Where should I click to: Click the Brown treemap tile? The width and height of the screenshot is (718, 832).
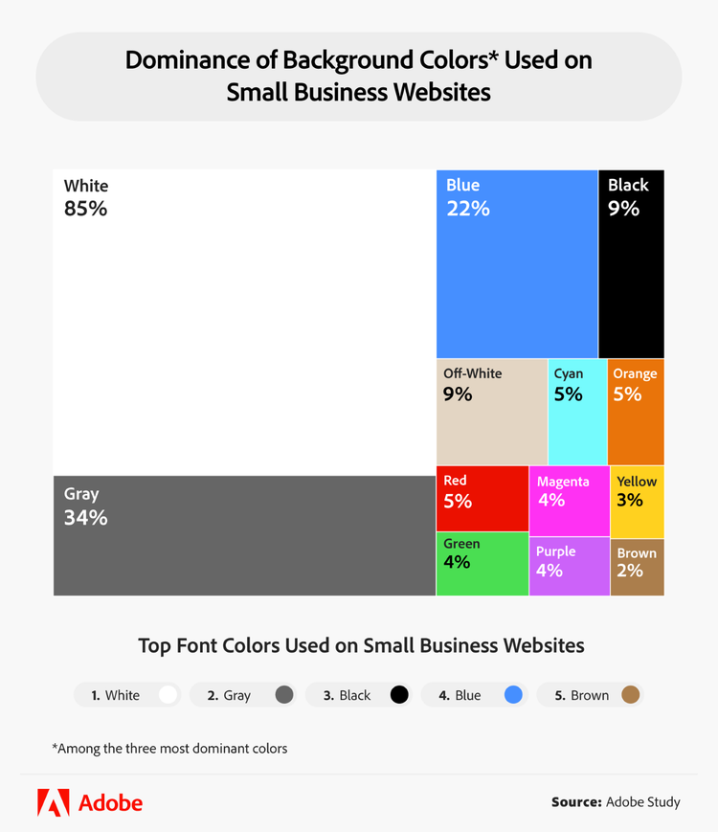click(x=637, y=567)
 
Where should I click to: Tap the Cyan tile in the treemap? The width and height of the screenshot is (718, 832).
click(x=577, y=412)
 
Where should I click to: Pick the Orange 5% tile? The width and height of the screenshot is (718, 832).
click(x=636, y=412)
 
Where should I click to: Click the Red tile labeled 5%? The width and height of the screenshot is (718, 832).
click(x=482, y=498)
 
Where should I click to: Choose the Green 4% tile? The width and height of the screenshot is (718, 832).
click(x=482, y=563)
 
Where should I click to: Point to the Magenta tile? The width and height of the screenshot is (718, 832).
click(x=569, y=501)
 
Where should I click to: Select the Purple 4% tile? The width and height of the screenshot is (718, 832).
click(x=569, y=566)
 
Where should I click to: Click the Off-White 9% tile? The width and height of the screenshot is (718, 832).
click(x=491, y=412)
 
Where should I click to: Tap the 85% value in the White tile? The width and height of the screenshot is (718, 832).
click(x=85, y=208)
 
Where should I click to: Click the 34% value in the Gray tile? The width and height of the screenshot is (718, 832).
click(x=85, y=518)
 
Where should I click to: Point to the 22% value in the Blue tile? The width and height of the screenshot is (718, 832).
click(x=468, y=208)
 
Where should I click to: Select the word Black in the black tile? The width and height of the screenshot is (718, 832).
click(x=628, y=185)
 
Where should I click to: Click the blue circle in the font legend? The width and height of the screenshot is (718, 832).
click(x=513, y=695)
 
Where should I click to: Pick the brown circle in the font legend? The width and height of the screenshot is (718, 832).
click(x=630, y=695)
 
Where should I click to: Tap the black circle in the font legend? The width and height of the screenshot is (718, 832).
click(x=399, y=695)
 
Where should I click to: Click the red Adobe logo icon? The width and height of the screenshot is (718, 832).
click(x=53, y=802)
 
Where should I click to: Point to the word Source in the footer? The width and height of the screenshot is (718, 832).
click(x=576, y=801)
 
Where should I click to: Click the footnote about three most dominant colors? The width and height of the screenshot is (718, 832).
click(x=169, y=748)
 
